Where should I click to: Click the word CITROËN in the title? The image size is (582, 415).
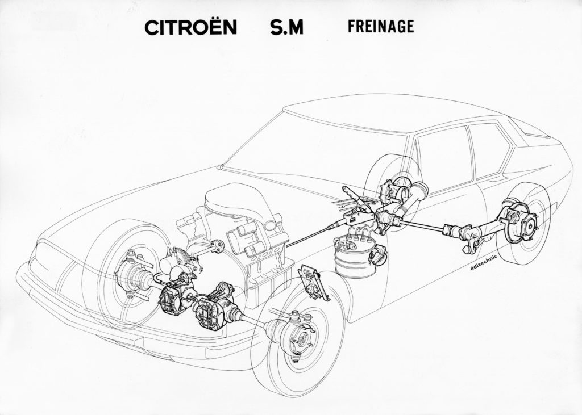[190, 27]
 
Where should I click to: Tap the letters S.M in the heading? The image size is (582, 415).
[286, 27]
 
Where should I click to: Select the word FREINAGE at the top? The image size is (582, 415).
[381, 26]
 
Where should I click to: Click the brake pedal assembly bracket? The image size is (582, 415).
[314, 282]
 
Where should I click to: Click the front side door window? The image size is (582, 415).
[442, 160]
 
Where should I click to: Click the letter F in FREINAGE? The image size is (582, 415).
[351, 27]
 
